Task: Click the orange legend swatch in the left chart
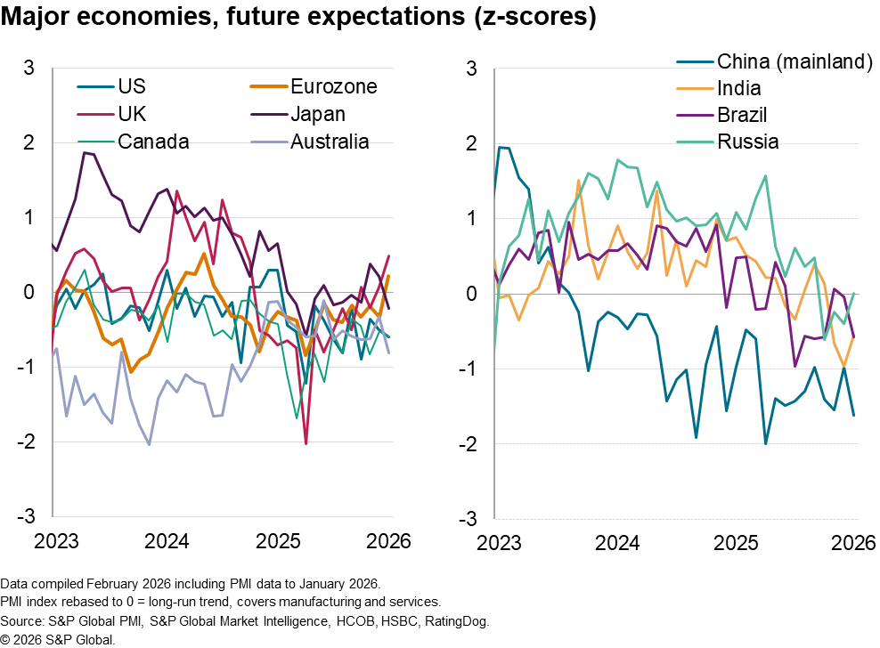[269, 86]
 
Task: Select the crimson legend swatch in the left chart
[95, 115]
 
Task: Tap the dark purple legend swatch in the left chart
[269, 115]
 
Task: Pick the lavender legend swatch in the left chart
[269, 142]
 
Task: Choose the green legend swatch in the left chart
[95, 142]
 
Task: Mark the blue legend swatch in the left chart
[95, 86]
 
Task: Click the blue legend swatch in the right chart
[695, 62]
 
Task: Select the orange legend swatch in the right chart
[695, 88]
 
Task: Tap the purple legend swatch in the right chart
[695, 115]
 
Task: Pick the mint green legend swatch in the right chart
[695, 142]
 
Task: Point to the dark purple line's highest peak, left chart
[85, 152]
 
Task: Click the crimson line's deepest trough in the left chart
[306, 442]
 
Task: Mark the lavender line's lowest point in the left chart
[149, 444]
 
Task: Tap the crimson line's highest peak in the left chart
[176, 190]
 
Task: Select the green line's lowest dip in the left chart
[297, 417]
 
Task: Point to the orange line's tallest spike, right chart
[579, 181]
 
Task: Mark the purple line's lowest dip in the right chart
[794, 365]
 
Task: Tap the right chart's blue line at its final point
[853, 415]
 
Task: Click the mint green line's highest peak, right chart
[618, 160]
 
